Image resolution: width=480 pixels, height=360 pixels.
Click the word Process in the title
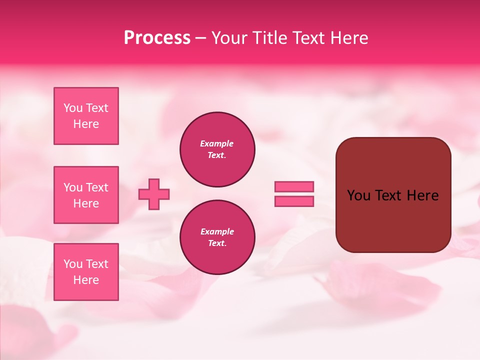[157, 38]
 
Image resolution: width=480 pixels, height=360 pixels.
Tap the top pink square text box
[86, 116]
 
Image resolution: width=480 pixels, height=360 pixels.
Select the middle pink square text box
[86, 195]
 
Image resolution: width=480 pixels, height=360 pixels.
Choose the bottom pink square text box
[86, 272]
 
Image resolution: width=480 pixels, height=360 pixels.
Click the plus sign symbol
[154, 194]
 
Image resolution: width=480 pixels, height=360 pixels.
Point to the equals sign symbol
[294, 194]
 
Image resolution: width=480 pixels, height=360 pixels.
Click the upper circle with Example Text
[217, 149]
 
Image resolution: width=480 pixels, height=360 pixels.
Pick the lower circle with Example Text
[217, 237]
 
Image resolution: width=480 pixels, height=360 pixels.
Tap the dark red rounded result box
[393, 195]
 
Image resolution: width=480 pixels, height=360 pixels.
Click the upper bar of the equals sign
[294, 186]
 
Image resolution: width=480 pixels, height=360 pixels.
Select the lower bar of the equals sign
[294, 201]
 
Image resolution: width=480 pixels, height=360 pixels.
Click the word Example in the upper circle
[217, 143]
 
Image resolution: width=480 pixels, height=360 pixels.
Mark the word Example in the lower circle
[217, 231]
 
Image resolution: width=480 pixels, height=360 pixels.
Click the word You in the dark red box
[358, 195]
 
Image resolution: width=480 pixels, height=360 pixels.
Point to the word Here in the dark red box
[422, 195]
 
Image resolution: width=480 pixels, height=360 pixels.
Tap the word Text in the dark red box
[388, 195]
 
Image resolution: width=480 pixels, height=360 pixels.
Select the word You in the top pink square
[73, 108]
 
